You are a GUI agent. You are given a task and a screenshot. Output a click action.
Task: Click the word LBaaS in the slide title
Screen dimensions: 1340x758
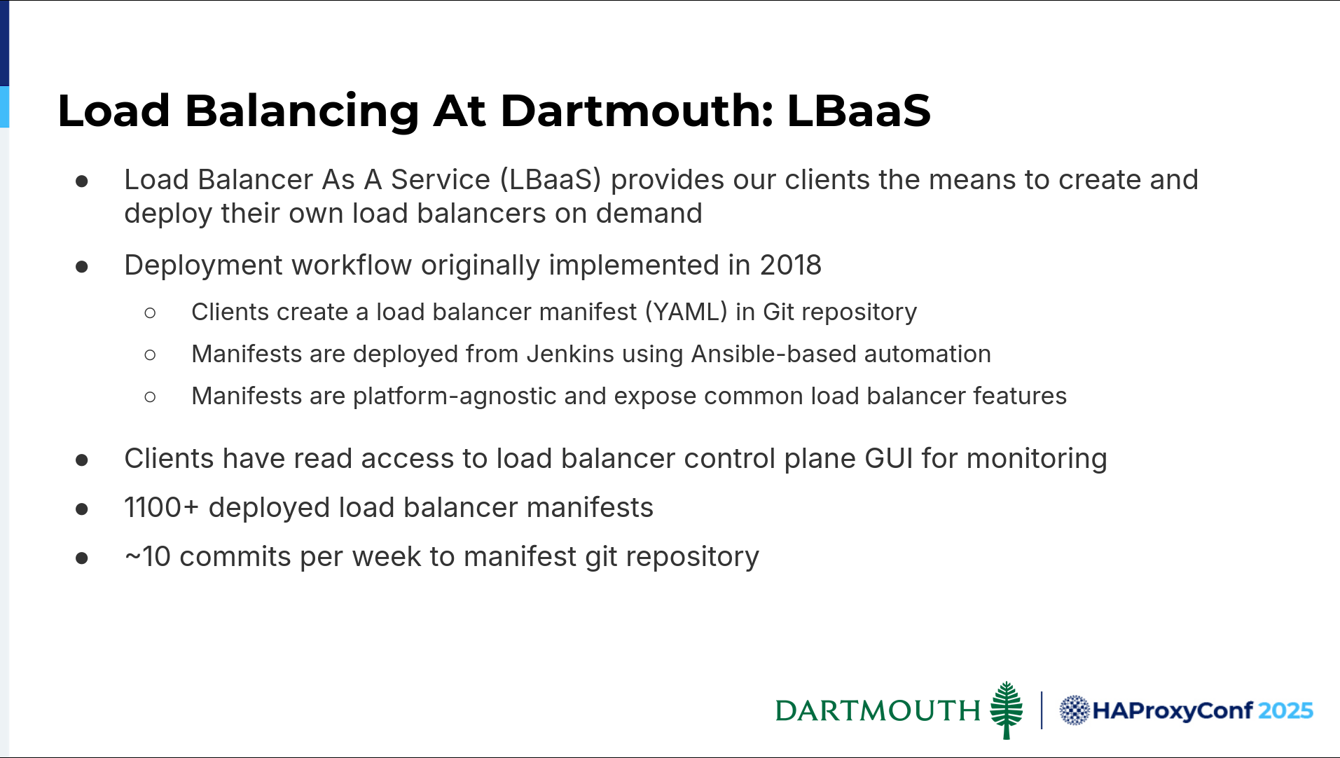click(x=859, y=111)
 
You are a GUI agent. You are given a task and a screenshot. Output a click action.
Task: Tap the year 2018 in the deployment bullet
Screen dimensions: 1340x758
click(x=791, y=266)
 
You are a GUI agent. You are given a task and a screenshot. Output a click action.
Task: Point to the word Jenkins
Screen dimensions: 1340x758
click(x=570, y=354)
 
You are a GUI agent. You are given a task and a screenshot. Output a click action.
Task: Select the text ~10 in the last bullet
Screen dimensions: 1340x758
click(x=148, y=557)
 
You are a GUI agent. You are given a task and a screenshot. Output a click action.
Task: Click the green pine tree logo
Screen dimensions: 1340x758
click(x=1007, y=710)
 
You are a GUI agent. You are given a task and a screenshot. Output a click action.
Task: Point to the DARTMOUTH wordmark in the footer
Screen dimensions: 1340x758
click(x=878, y=710)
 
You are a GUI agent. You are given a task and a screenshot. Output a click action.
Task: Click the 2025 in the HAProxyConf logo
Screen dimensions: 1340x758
click(x=1285, y=711)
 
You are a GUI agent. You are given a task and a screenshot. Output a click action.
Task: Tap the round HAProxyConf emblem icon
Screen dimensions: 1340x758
click(x=1074, y=710)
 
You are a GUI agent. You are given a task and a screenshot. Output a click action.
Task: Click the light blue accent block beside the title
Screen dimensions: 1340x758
click(x=4, y=106)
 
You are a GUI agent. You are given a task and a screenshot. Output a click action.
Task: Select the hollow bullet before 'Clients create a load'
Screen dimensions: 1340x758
click(x=150, y=312)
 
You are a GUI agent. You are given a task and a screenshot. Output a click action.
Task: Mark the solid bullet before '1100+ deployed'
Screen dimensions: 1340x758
click(x=82, y=509)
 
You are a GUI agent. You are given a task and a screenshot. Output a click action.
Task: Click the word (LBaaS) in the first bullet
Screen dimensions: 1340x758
click(x=551, y=180)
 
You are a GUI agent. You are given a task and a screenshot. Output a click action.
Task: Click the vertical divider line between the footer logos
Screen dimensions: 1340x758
click(x=1042, y=710)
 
